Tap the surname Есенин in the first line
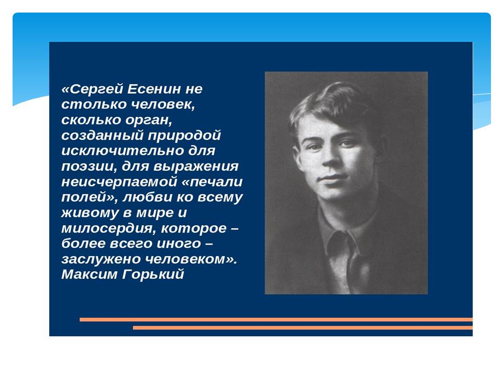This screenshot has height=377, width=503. coord(154,89)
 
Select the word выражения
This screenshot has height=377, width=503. coord(196,167)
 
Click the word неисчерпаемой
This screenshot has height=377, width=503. coord(119,182)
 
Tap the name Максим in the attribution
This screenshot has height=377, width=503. coord(90,274)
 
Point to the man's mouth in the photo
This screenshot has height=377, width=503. coord(334,178)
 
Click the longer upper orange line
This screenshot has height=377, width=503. coord(276,319)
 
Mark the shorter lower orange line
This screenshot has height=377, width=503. coord(303,328)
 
